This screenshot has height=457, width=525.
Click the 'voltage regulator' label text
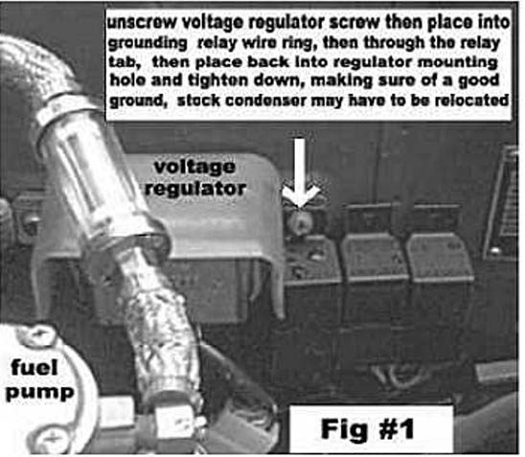(195, 178)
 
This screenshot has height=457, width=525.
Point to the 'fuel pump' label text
(39, 379)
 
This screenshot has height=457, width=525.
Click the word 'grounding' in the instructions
(148, 44)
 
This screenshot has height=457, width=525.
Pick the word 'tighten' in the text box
(222, 80)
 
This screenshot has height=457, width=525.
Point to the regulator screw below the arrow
(300, 220)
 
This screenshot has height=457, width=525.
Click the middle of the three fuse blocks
(374, 256)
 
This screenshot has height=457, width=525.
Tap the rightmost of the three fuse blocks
(440, 256)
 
